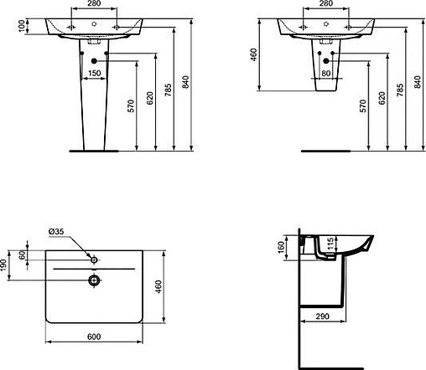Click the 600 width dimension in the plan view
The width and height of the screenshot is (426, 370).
[x=95, y=337]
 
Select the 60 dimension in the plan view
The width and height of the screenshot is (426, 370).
[x=23, y=255]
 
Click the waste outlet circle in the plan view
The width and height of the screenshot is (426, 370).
[x=95, y=280]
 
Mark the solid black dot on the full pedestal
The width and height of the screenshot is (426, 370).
[x=94, y=62]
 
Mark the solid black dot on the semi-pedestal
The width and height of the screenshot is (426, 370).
[x=323, y=63]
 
